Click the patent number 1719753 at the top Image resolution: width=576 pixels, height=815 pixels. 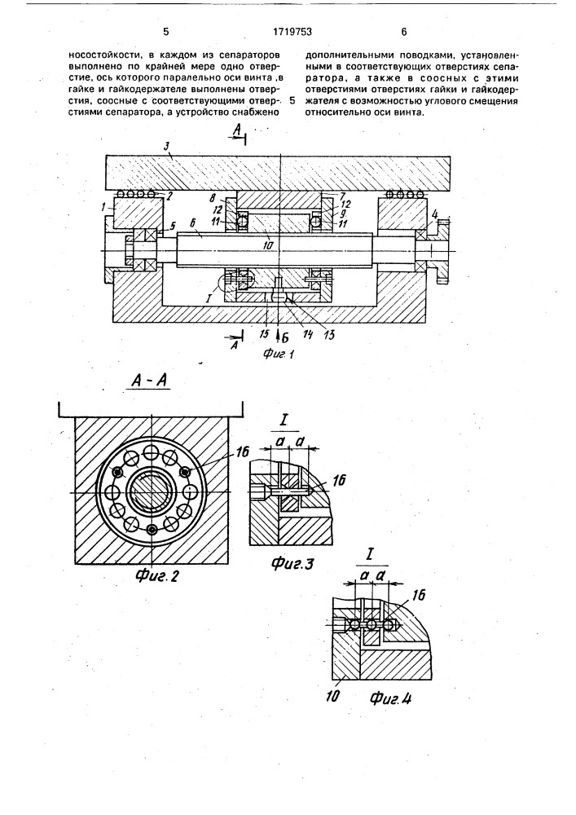[292, 33]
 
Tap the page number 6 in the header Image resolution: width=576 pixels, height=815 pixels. [404, 33]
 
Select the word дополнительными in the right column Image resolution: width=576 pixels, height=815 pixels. [341, 54]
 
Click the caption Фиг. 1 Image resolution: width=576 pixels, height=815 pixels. [279, 355]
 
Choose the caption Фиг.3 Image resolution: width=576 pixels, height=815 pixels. [292, 563]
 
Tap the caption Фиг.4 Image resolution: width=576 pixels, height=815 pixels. [390, 699]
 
